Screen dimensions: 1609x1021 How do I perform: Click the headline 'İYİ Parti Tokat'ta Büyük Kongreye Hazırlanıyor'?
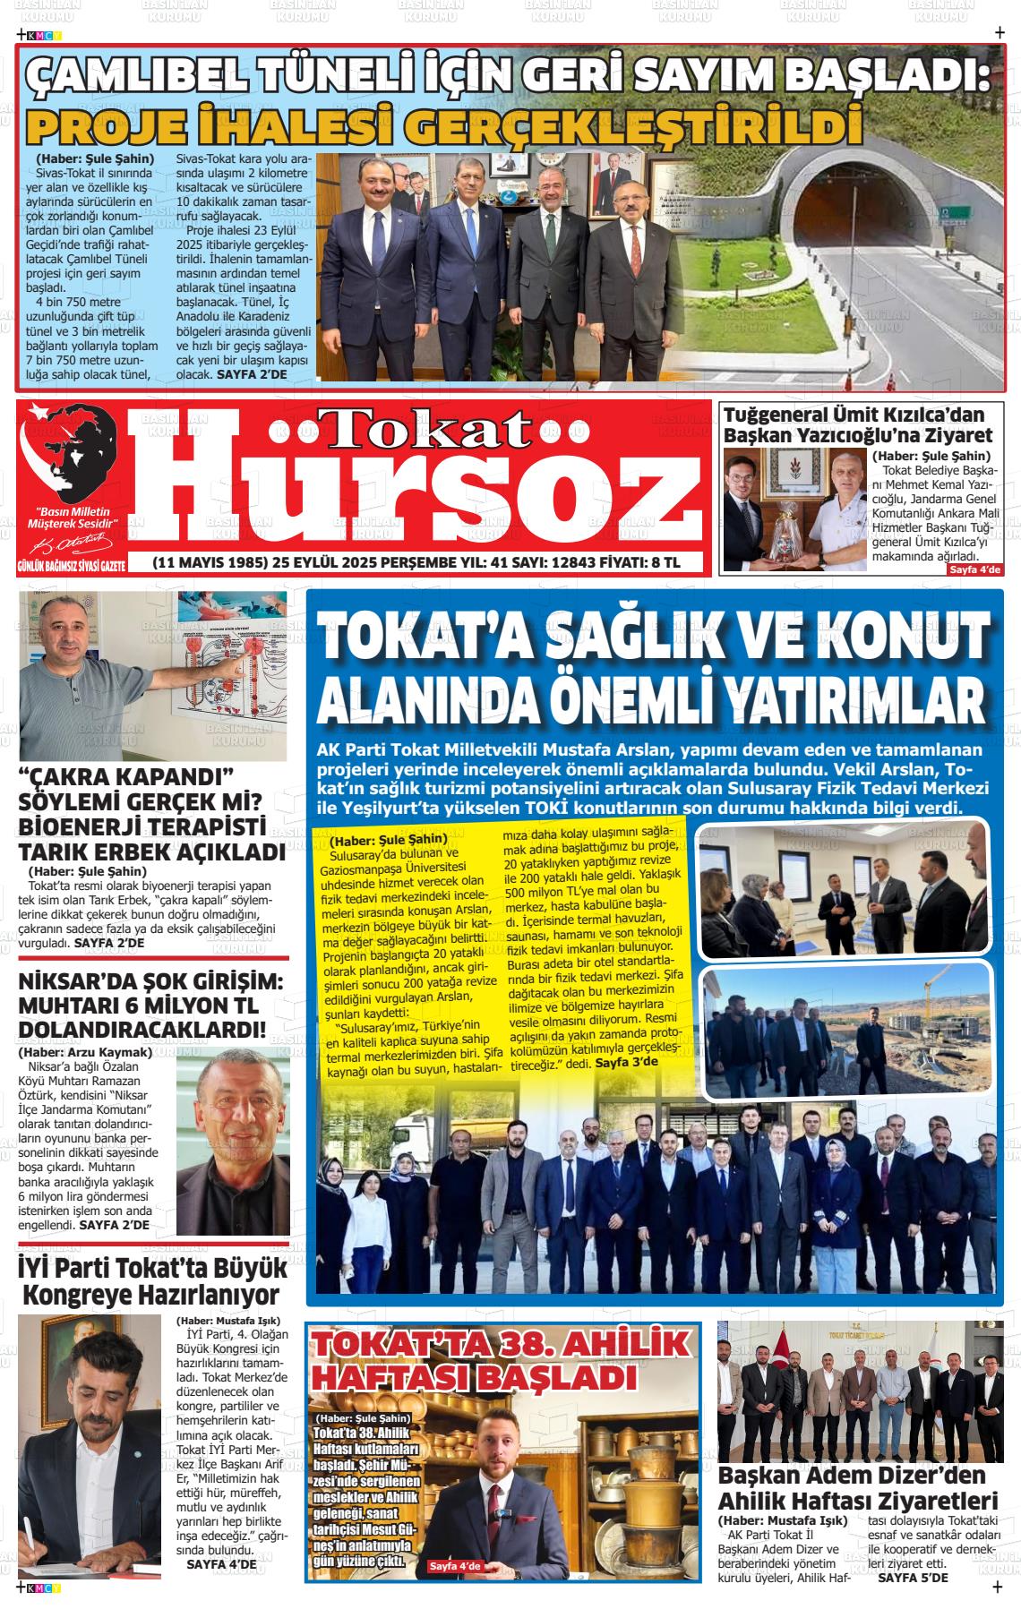click(152, 1281)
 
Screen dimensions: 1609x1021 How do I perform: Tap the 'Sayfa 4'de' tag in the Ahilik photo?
click(455, 1565)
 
